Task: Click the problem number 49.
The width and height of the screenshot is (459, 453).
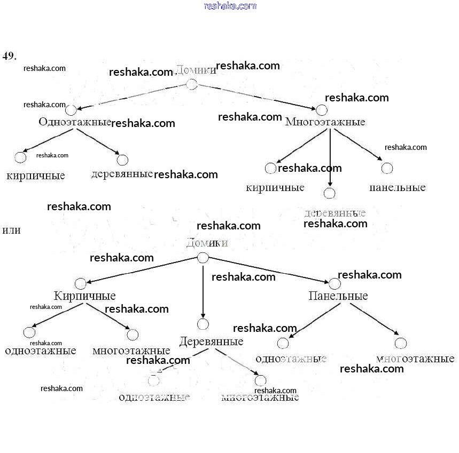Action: (10, 55)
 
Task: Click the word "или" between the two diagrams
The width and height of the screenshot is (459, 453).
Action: (12, 231)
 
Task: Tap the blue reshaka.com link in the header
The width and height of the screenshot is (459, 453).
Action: (230, 6)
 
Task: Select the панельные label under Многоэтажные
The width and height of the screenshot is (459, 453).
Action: (398, 187)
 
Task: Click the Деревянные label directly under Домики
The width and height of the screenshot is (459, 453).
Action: (211, 341)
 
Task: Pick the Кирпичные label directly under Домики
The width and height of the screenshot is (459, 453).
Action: (84, 296)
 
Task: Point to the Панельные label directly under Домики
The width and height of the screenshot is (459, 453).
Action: (338, 296)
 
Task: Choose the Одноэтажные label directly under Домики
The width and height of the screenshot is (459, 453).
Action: (74, 122)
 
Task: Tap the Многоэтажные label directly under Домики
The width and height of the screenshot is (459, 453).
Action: (325, 122)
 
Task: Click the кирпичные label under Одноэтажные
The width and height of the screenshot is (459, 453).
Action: (36, 176)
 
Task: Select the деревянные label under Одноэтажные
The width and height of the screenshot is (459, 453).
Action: (122, 174)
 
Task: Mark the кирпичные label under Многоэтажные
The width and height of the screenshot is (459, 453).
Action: (275, 187)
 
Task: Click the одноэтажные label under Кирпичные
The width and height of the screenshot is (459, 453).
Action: (41, 351)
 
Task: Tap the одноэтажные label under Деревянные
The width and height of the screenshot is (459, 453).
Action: (154, 397)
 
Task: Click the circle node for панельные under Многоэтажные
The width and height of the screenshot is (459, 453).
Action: (387, 168)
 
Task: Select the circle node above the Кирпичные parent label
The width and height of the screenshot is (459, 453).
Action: (80, 283)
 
